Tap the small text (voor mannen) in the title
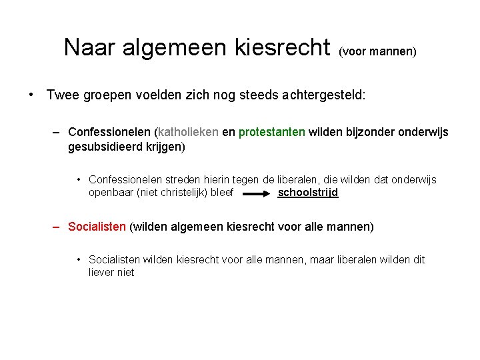point(377,51)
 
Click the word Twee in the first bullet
point(61,95)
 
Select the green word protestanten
point(272,132)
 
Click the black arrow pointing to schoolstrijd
point(256,193)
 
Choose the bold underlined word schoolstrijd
point(308,193)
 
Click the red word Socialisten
point(97,227)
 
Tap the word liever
point(102,272)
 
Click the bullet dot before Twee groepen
point(31,95)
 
